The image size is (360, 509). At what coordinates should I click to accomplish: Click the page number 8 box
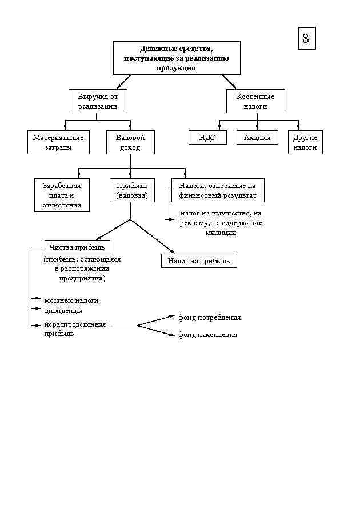pos(306,38)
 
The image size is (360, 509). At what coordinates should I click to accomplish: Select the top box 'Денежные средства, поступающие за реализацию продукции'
pos(176,58)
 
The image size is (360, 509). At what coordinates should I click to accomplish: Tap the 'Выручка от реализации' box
pos(98,101)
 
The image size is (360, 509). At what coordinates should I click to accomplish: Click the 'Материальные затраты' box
pos(58,142)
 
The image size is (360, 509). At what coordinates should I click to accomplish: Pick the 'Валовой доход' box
pos(130,142)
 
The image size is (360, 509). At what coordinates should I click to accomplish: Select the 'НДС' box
pos(207,138)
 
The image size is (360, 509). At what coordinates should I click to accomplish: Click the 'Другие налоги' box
pos(305,142)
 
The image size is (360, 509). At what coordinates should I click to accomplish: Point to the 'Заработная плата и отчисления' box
pos(62,195)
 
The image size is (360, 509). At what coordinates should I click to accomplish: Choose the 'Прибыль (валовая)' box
pos(132,190)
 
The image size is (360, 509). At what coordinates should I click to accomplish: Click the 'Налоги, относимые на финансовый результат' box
pos(217,190)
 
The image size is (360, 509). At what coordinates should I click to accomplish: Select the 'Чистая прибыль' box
pos(77,247)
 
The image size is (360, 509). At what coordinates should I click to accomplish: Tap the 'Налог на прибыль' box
pos(198,261)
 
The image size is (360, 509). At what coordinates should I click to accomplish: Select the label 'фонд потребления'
pos(209,318)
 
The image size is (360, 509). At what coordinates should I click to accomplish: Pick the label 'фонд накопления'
pos(207,335)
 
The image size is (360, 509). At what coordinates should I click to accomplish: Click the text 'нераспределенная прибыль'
pos(74,329)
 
